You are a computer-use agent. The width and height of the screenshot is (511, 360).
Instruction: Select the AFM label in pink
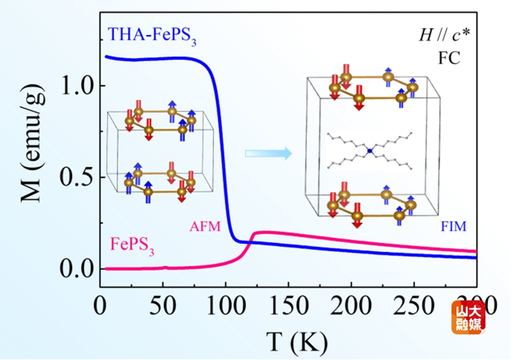point(204,227)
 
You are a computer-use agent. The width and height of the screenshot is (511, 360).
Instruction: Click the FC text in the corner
point(449,57)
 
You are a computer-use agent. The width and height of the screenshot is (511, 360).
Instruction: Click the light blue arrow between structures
point(268,153)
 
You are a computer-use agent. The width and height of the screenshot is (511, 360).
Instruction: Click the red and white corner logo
point(468,317)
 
